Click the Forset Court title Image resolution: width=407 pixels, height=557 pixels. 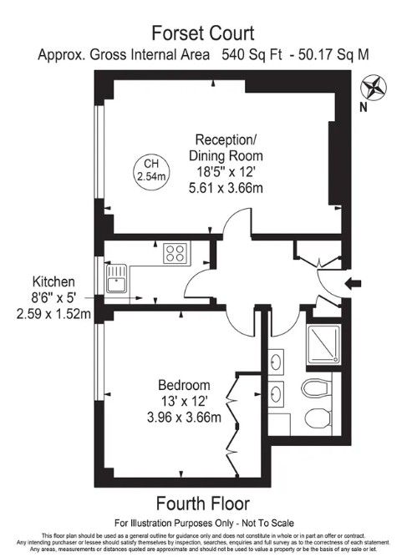click(x=203, y=33)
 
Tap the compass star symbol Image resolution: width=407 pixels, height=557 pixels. click(x=374, y=88)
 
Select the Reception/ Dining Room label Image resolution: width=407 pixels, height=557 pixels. click(x=226, y=148)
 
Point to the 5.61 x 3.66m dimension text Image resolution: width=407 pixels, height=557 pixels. click(x=226, y=188)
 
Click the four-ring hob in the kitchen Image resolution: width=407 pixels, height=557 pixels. click(x=176, y=252)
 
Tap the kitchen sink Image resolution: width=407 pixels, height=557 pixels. click(x=117, y=279)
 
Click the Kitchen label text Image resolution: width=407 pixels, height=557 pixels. click(x=53, y=282)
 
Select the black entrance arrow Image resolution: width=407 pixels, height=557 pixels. click(x=353, y=283)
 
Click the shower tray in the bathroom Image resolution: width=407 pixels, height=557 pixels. click(x=323, y=344)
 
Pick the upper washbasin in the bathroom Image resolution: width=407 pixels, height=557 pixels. click(x=276, y=362)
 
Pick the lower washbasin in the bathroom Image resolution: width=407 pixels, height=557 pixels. click(x=276, y=394)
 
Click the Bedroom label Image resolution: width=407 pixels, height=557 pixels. click(x=184, y=385)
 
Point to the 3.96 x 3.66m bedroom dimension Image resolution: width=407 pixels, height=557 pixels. click(x=184, y=417)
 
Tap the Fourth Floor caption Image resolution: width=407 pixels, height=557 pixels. click(x=203, y=504)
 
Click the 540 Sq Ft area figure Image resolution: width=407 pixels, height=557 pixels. click(x=252, y=55)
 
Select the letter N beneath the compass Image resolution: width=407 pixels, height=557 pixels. click(x=364, y=108)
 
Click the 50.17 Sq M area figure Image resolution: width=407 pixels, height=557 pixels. click(x=333, y=55)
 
